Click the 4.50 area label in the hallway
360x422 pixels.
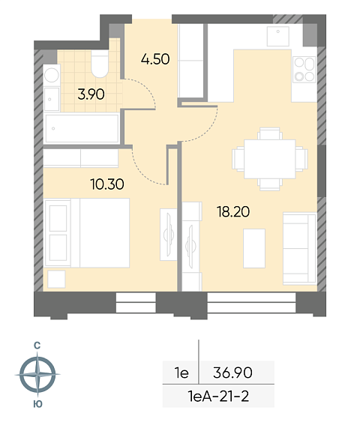155,59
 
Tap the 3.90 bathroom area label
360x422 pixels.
91,94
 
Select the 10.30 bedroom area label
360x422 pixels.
107,184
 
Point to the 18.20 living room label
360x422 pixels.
233,211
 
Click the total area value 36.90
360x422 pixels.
233,373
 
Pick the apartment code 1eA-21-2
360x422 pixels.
218,397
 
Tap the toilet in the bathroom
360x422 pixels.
100,64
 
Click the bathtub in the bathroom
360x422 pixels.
82,128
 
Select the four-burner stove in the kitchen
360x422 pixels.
304,70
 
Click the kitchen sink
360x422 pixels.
278,36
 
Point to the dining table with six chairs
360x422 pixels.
270,159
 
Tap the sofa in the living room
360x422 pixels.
300,248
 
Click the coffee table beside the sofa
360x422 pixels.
254,248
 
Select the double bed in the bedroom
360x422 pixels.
87,233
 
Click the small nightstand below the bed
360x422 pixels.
56,280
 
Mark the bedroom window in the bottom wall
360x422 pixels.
136,303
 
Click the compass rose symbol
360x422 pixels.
37,374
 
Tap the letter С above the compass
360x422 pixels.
37,346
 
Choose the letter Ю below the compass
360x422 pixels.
37,404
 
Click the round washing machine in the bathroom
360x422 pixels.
52,75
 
